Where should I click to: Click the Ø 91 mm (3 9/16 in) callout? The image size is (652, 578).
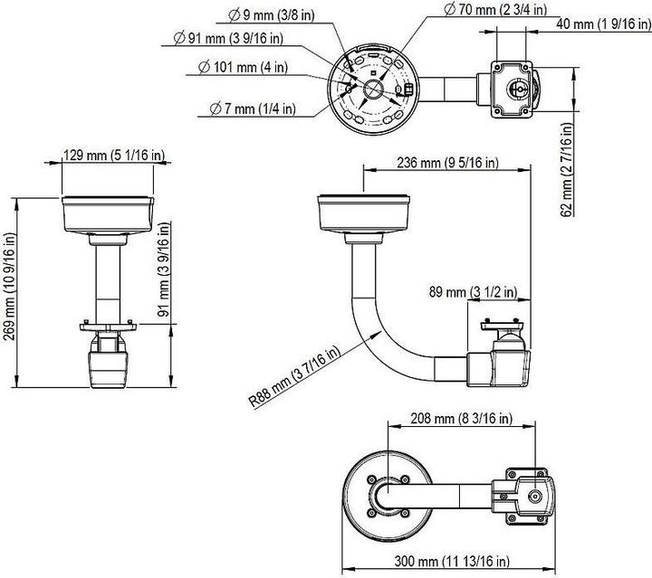point(228,38)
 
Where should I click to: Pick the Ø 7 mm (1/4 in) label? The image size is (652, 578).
point(251,109)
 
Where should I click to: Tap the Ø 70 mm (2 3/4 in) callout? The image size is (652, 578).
point(495,9)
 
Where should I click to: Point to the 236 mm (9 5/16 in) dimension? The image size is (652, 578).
point(448,162)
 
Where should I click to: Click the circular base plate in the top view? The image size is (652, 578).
point(372,84)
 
